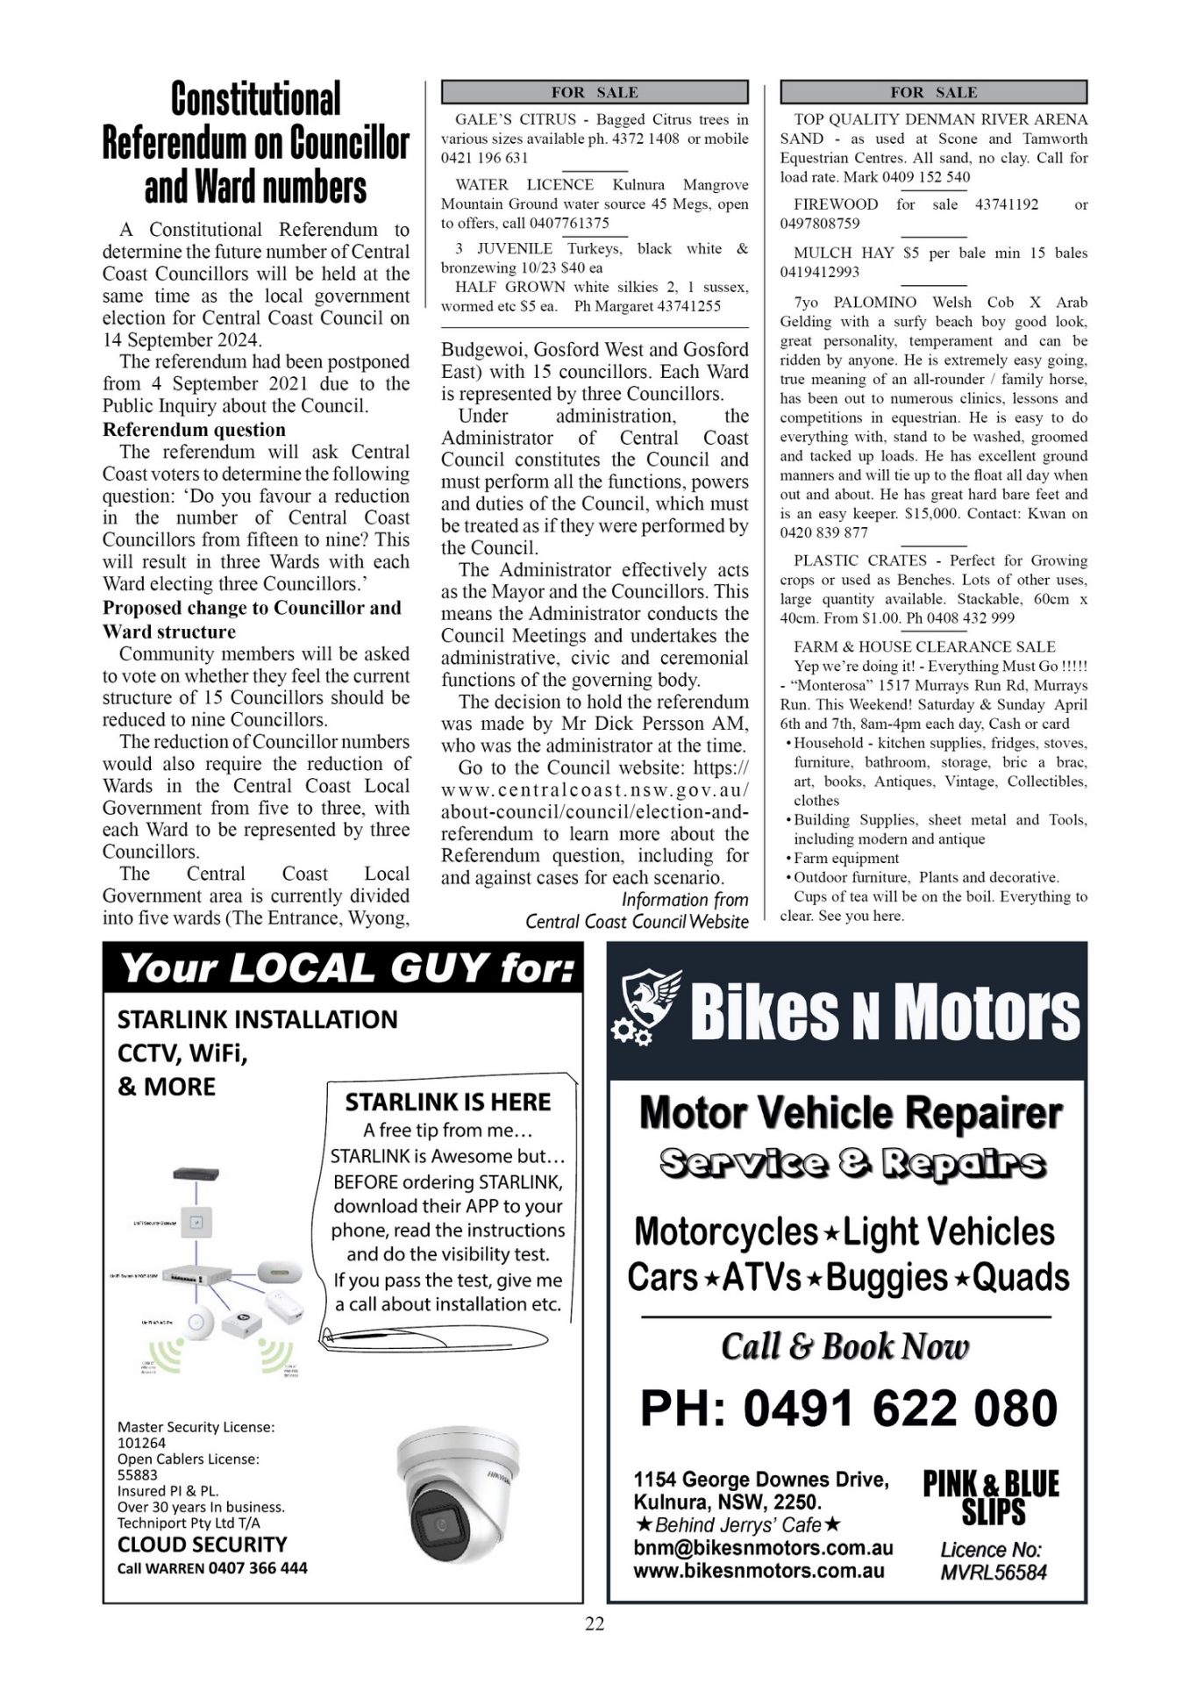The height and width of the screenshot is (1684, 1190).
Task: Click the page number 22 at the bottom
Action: [x=595, y=1623]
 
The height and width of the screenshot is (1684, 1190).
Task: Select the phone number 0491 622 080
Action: [x=849, y=1409]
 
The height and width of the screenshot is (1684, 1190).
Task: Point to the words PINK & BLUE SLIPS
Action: [x=991, y=1498]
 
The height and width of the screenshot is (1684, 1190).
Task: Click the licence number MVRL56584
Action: [x=993, y=1573]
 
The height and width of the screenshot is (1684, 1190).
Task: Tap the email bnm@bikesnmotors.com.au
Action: [x=763, y=1549]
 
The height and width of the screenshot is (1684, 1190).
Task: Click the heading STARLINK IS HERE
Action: [x=447, y=1102]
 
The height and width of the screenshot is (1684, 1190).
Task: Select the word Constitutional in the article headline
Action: [x=255, y=99]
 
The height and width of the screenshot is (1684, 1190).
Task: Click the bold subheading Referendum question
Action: [x=194, y=430]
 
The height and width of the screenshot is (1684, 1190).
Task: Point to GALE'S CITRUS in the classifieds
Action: [x=516, y=119]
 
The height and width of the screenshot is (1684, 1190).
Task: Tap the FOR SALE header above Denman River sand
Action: [x=933, y=92]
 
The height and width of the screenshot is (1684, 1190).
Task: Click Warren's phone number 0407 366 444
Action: [x=259, y=1567]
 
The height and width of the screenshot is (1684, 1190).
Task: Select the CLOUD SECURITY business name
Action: [x=202, y=1545]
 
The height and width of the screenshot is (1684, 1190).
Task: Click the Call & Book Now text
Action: [x=845, y=1346]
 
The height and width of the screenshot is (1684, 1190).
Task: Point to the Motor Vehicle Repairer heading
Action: [x=850, y=1113]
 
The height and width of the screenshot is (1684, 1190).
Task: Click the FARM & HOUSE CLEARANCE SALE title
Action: [x=924, y=646]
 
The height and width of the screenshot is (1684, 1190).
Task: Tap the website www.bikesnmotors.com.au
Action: [x=759, y=1571]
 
